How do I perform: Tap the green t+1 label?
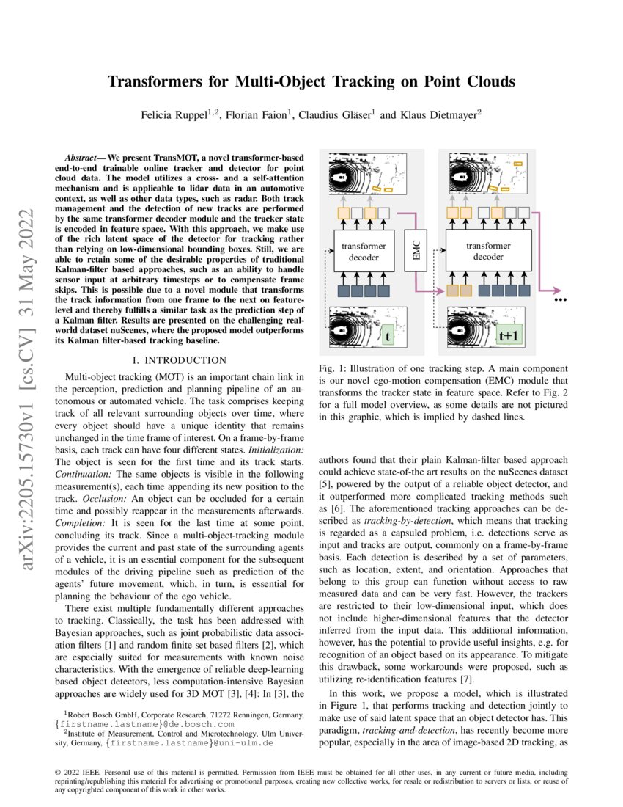(x=509, y=336)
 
